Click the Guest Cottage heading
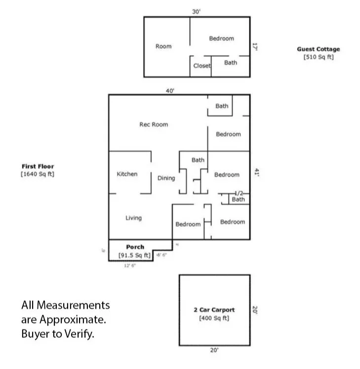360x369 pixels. [318, 49]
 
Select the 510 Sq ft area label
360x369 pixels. [318, 57]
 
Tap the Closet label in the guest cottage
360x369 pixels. [201, 66]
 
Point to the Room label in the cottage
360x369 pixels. [163, 46]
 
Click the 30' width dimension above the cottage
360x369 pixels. [196, 12]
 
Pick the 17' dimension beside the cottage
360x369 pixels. [256, 46]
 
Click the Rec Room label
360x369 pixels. [154, 124]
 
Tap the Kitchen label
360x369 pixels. [127, 174]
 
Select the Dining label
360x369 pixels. [166, 178]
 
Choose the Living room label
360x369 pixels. [133, 218]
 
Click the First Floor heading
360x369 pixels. [38, 166]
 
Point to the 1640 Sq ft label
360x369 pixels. [38, 174]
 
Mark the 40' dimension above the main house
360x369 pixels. [170, 90]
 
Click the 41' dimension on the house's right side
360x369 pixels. [256, 172]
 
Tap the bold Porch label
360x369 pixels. [135, 247]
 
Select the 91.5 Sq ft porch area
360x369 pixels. [134, 255]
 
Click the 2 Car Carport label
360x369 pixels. [214, 310]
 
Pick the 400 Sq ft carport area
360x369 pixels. [214, 318]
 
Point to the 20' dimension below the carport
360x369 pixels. [214, 350]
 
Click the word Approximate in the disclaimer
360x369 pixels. [72, 320]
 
